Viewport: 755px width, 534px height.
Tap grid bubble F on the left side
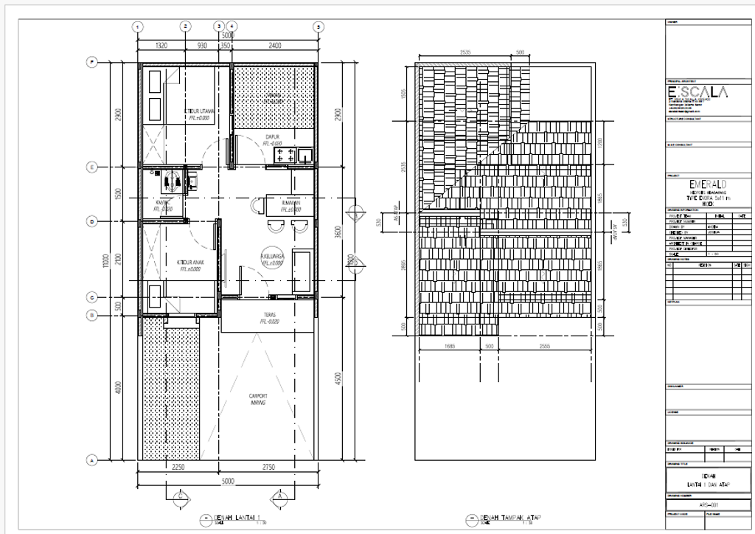click(x=92, y=62)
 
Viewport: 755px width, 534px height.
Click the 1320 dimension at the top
click(x=161, y=45)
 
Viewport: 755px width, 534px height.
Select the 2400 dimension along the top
click(x=274, y=45)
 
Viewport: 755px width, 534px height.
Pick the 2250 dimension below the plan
click(x=178, y=468)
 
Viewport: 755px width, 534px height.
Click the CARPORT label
click(x=257, y=397)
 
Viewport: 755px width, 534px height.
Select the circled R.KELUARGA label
click(x=273, y=257)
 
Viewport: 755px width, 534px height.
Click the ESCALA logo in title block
click(x=697, y=92)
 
